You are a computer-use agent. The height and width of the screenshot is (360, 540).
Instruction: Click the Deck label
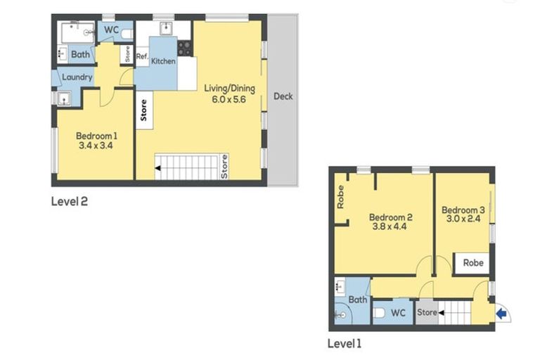[x=283, y=96]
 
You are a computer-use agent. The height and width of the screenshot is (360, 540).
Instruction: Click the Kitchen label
[x=163, y=62]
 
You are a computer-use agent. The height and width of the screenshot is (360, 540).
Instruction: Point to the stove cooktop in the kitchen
[x=185, y=49]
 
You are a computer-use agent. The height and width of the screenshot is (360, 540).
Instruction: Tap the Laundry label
[x=77, y=77]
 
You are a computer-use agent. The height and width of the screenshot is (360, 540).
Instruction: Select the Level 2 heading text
[x=70, y=201]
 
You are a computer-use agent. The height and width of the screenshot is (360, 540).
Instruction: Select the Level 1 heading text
[x=345, y=344]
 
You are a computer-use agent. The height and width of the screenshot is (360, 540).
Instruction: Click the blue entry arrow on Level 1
[x=501, y=314]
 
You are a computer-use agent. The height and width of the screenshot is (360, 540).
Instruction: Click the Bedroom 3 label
[x=463, y=210]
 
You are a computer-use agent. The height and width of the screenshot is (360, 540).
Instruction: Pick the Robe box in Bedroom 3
[x=472, y=262]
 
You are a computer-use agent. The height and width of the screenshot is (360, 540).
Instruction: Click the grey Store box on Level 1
[x=427, y=312]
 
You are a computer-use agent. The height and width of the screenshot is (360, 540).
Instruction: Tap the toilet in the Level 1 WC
[x=378, y=312]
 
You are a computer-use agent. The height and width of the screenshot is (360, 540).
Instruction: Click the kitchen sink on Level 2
[x=165, y=29]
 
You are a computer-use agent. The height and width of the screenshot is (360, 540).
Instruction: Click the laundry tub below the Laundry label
[x=63, y=98]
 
